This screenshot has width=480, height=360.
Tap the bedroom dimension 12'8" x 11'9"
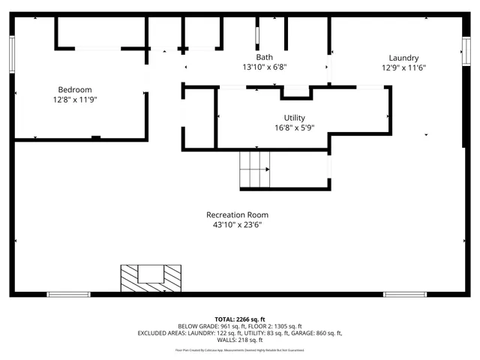pos(76,98)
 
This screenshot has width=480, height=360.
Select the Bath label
pos(264,57)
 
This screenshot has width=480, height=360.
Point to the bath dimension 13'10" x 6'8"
pos(264,67)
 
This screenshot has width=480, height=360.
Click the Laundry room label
pos(403,58)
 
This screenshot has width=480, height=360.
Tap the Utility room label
pos(294,118)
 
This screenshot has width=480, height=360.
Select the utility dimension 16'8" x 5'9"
pos(294,128)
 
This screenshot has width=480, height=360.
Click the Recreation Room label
pos(237,214)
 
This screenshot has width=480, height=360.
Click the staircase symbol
pos(254,169)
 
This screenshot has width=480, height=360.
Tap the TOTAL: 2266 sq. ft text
pos(239,319)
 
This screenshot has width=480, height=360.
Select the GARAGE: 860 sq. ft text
pos(316,333)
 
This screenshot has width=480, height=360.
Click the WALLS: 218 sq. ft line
pos(240,340)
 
